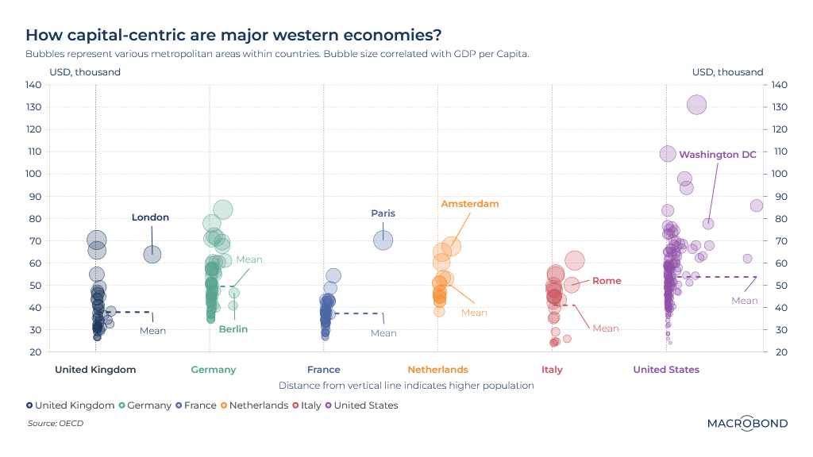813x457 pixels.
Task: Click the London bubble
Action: (152, 254)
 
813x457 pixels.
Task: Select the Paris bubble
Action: (383, 240)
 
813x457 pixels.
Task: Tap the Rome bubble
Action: (572, 285)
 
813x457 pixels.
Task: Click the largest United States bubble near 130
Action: (696, 105)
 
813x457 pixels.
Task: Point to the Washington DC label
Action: (718, 155)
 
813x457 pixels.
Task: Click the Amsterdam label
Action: (470, 204)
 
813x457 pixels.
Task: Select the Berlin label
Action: (233, 329)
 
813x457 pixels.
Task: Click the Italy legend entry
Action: (311, 405)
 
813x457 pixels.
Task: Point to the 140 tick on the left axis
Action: (33, 85)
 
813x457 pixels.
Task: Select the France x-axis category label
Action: (324, 370)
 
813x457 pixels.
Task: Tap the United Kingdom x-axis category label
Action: (95, 370)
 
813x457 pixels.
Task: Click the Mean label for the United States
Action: (745, 301)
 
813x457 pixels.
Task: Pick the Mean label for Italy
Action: (606, 328)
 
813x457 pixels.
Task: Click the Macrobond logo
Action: (747, 424)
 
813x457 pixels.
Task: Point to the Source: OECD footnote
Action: (55, 424)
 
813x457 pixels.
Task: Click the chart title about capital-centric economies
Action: (233, 36)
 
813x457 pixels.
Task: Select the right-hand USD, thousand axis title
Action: (727, 72)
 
